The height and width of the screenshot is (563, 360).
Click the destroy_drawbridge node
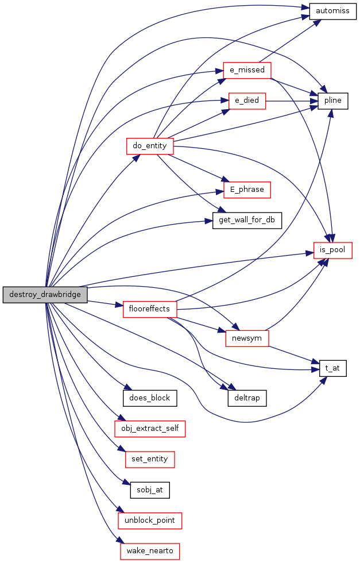tap(45, 295)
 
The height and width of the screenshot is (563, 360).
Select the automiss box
tap(332, 11)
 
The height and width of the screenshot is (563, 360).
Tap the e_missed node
tap(247, 70)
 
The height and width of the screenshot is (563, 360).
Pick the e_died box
tap(247, 101)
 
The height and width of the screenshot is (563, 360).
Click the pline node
tap(332, 101)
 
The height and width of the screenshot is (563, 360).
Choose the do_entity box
tap(150, 146)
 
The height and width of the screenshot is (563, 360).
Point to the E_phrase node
tap(247, 190)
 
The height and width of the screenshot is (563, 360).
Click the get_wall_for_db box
tap(247, 220)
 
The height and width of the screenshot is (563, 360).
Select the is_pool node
tap(332, 250)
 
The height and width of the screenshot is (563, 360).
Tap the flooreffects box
tap(150, 309)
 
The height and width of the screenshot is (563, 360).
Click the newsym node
tap(247, 338)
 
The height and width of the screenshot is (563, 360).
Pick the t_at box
tap(332, 369)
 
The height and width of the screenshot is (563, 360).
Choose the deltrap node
tap(247, 398)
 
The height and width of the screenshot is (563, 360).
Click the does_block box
tap(150, 398)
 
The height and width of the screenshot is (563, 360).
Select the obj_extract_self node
tap(150, 429)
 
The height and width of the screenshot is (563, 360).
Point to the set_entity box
tap(150, 460)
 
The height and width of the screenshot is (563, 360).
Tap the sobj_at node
tap(150, 490)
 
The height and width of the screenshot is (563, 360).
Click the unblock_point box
tap(150, 520)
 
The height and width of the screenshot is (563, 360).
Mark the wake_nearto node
tap(150, 551)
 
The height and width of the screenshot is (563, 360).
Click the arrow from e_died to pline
tap(292, 101)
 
